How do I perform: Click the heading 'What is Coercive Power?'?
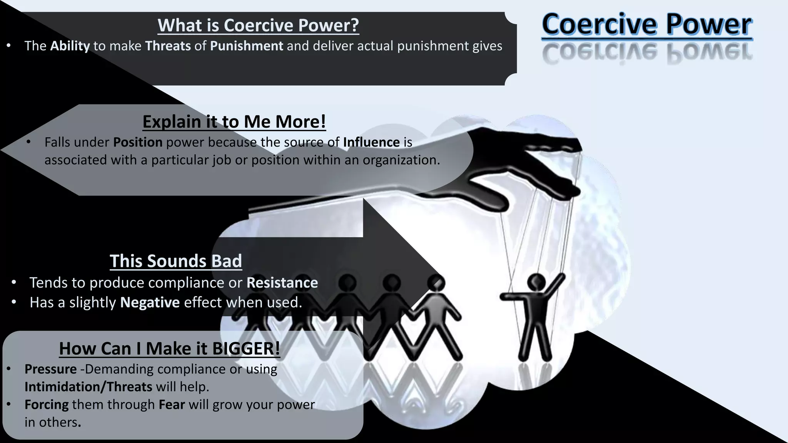coord(258,25)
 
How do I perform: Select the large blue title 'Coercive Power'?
coord(647,24)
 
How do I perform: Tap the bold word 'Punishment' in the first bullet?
coord(247,46)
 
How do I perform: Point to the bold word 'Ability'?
coord(70,46)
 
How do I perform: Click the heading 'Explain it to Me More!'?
coord(234,122)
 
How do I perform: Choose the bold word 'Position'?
coord(138,142)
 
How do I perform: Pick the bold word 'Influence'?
coord(371,142)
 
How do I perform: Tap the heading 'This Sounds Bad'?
coord(176,261)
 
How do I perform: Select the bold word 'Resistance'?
coord(282,283)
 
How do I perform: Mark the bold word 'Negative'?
coord(150,303)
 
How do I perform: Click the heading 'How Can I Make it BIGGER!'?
coord(169,348)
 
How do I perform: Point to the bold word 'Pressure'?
coord(50,369)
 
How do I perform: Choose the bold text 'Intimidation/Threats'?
coord(88,387)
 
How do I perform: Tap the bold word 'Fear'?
coord(172,405)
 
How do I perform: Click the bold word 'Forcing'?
coord(47,405)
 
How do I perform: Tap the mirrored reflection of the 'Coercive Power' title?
coord(647,53)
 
